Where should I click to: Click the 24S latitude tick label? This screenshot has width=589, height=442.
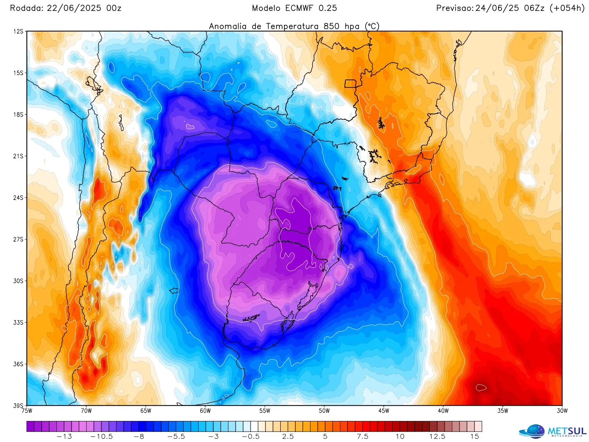click(18, 197)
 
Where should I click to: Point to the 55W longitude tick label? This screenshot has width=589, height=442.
click(265, 411)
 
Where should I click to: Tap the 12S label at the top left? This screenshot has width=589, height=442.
click(18, 32)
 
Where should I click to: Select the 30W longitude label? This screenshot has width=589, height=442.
click(562, 411)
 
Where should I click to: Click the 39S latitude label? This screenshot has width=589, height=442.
click(18, 405)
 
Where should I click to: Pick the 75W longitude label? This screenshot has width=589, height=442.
click(27, 411)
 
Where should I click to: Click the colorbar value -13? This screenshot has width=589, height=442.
click(64, 437)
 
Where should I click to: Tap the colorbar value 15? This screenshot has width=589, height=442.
click(475, 437)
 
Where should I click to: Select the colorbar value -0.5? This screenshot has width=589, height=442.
click(251, 437)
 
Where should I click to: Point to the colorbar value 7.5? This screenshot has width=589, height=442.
click(363, 437)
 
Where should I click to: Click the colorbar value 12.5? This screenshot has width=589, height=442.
click(437, 437)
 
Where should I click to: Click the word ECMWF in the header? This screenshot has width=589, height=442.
click(299, 8)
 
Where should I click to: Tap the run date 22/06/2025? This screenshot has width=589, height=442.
click(74, 8)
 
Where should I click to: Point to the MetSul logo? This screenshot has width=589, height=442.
click(552, 431)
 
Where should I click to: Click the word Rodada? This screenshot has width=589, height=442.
click(26, 8)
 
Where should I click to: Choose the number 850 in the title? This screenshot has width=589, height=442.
click(332, 26)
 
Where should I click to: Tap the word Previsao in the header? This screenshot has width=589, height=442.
click(454, 8)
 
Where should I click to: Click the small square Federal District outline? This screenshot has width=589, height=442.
click(350, 83)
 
